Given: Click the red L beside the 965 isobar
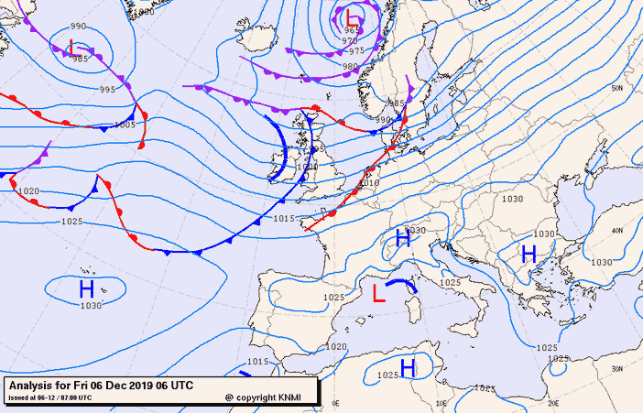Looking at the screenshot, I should click(354, 16).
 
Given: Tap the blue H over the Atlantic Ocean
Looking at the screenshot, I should click(86, 288).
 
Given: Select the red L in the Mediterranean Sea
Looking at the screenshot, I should click(378, 292).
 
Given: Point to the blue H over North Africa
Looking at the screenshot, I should click(409, 367).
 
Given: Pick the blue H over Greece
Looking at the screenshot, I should click(529, 254).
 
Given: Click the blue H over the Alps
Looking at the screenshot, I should click(401, 240).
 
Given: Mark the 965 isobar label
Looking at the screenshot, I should click(352, 30).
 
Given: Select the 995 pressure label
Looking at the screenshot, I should click(108, 89).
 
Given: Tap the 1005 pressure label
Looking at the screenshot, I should click(125, 124).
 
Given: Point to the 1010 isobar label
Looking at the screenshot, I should click(369, 183).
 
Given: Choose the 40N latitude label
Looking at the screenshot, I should click(616, 230).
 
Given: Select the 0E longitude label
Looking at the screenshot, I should click(336, 402).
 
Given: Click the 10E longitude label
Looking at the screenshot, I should click(443, 402).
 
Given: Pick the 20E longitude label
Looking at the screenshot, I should click(552, 402).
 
